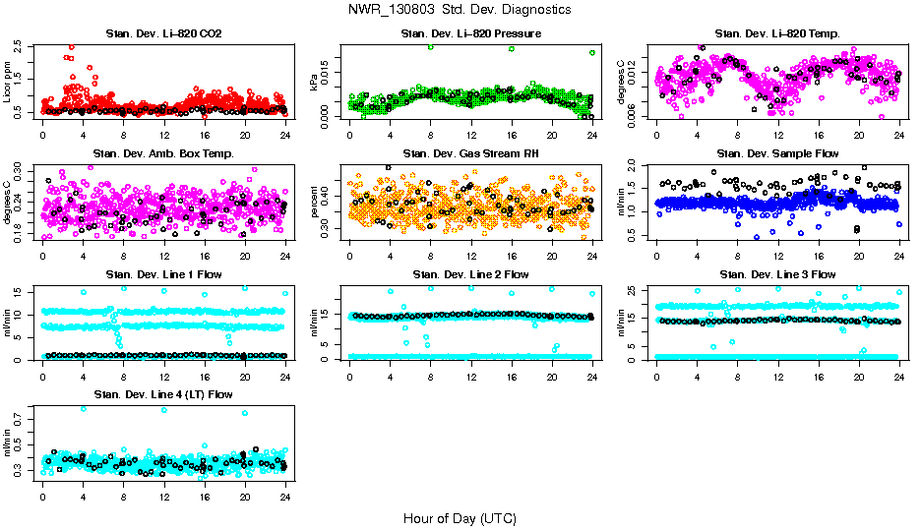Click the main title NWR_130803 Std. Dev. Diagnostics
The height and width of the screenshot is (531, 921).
click(x=460, y=9)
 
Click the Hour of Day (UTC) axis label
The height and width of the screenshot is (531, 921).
click(x=460, y=517)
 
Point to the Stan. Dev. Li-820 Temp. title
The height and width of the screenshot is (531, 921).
click(x=777, y=34)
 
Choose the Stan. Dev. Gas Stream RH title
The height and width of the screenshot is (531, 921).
click(x=470, y=154)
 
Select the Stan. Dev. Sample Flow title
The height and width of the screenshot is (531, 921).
click(x=777, y=154)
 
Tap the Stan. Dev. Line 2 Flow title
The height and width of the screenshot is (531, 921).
click(x=470, y=274)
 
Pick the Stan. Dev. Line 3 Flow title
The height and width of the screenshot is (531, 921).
click(x=777, y=274)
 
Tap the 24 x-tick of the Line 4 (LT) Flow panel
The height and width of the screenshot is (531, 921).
click(x=285, y=498)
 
